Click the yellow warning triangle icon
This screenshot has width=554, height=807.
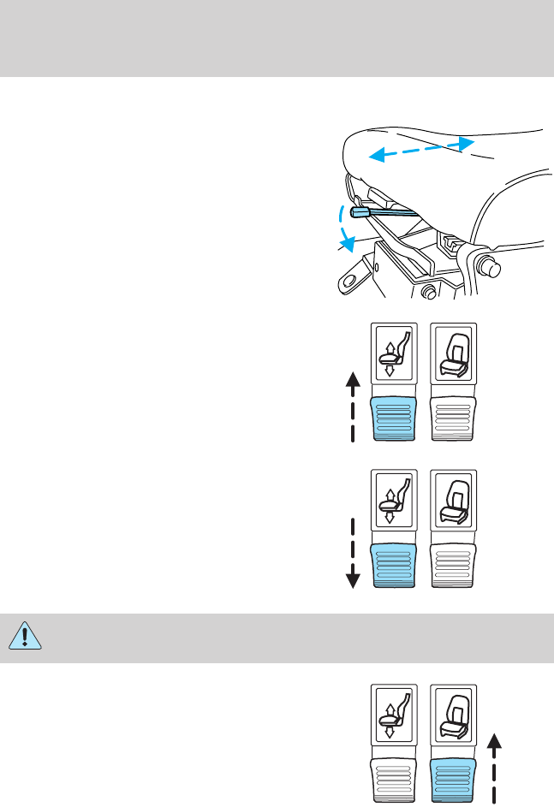26,638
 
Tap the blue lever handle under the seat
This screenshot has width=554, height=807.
360,211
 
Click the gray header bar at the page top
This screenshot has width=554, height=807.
277,39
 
